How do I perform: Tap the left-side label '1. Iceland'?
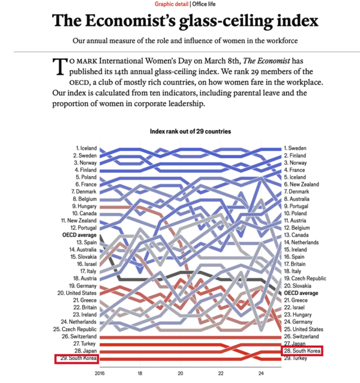(x=86, y=148)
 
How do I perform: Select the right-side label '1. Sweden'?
(x=298, y=148)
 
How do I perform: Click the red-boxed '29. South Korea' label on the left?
(x=76, y=359)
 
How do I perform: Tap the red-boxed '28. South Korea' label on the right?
(x=302, y=351)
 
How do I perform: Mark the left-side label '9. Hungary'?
(x=85, y=206)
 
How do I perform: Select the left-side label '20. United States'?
(x=77, y=293)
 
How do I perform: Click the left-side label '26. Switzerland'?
(x=79, y=337)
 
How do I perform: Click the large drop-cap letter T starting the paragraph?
(x=59, y=67)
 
